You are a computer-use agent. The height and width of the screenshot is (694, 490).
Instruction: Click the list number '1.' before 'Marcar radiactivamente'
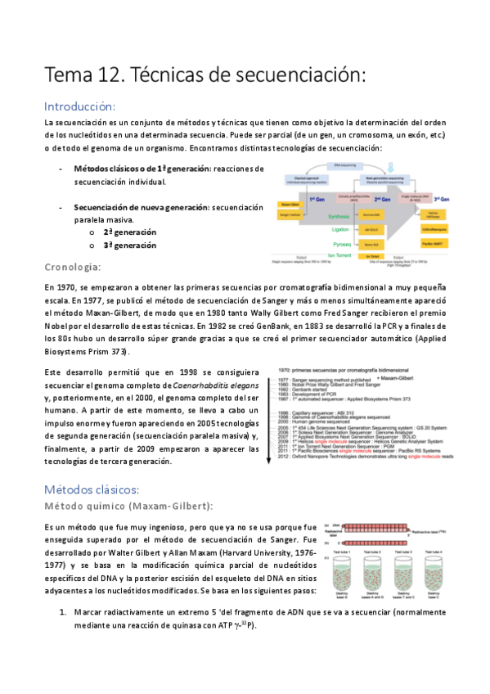pos(62,612)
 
